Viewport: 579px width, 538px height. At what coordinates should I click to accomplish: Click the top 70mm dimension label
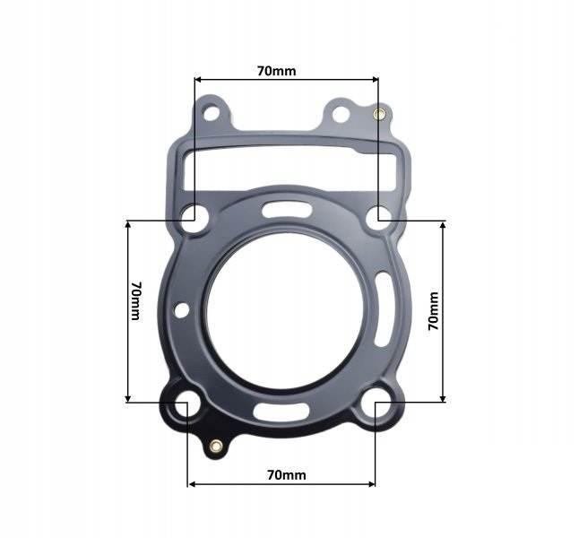(x=277, y=71)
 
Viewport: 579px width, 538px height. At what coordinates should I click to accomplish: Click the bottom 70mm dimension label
(x=287, y=475)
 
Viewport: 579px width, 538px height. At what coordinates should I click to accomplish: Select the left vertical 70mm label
(x=136, y=301)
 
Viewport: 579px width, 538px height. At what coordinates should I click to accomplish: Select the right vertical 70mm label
(x=434, y=311)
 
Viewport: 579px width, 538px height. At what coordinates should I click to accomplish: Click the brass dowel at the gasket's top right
(x=378, y=113)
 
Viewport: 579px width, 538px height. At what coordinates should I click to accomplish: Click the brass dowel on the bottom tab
(x=216, y=447)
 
